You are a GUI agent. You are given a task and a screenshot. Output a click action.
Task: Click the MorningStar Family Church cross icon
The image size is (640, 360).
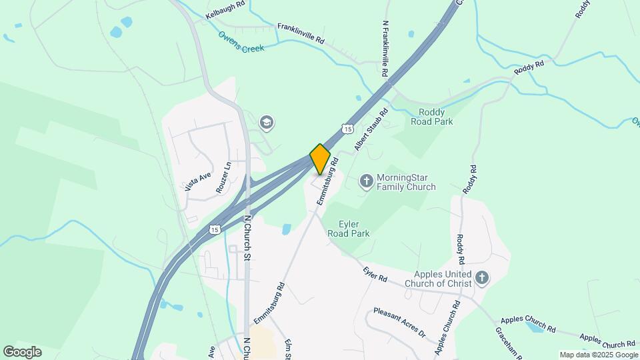[x=366, y=181]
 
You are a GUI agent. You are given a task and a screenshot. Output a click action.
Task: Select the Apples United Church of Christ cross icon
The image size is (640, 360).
[x=482, y=277]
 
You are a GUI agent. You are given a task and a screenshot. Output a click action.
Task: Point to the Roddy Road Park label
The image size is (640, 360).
[x=435, y=117]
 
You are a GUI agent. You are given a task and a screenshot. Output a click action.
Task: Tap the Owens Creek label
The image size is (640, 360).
[x=241, y=43]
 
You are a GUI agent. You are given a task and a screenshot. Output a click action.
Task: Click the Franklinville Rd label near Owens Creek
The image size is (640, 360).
[x=301, y=33]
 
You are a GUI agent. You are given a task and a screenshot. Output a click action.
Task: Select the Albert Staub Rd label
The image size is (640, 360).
[x=371, y=129]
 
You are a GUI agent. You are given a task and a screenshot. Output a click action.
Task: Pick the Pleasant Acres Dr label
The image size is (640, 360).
[x=399, y=321]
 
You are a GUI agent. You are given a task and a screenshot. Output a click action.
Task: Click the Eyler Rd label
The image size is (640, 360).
[x=375, y=273]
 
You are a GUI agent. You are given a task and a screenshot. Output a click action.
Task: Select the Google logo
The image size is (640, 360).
[x=22, y=351]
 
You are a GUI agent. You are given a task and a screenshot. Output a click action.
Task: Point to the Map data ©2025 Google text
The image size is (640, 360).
[x=597, y=355]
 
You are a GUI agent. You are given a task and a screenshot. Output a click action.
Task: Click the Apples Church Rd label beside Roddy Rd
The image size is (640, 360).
[x=447, y=327]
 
